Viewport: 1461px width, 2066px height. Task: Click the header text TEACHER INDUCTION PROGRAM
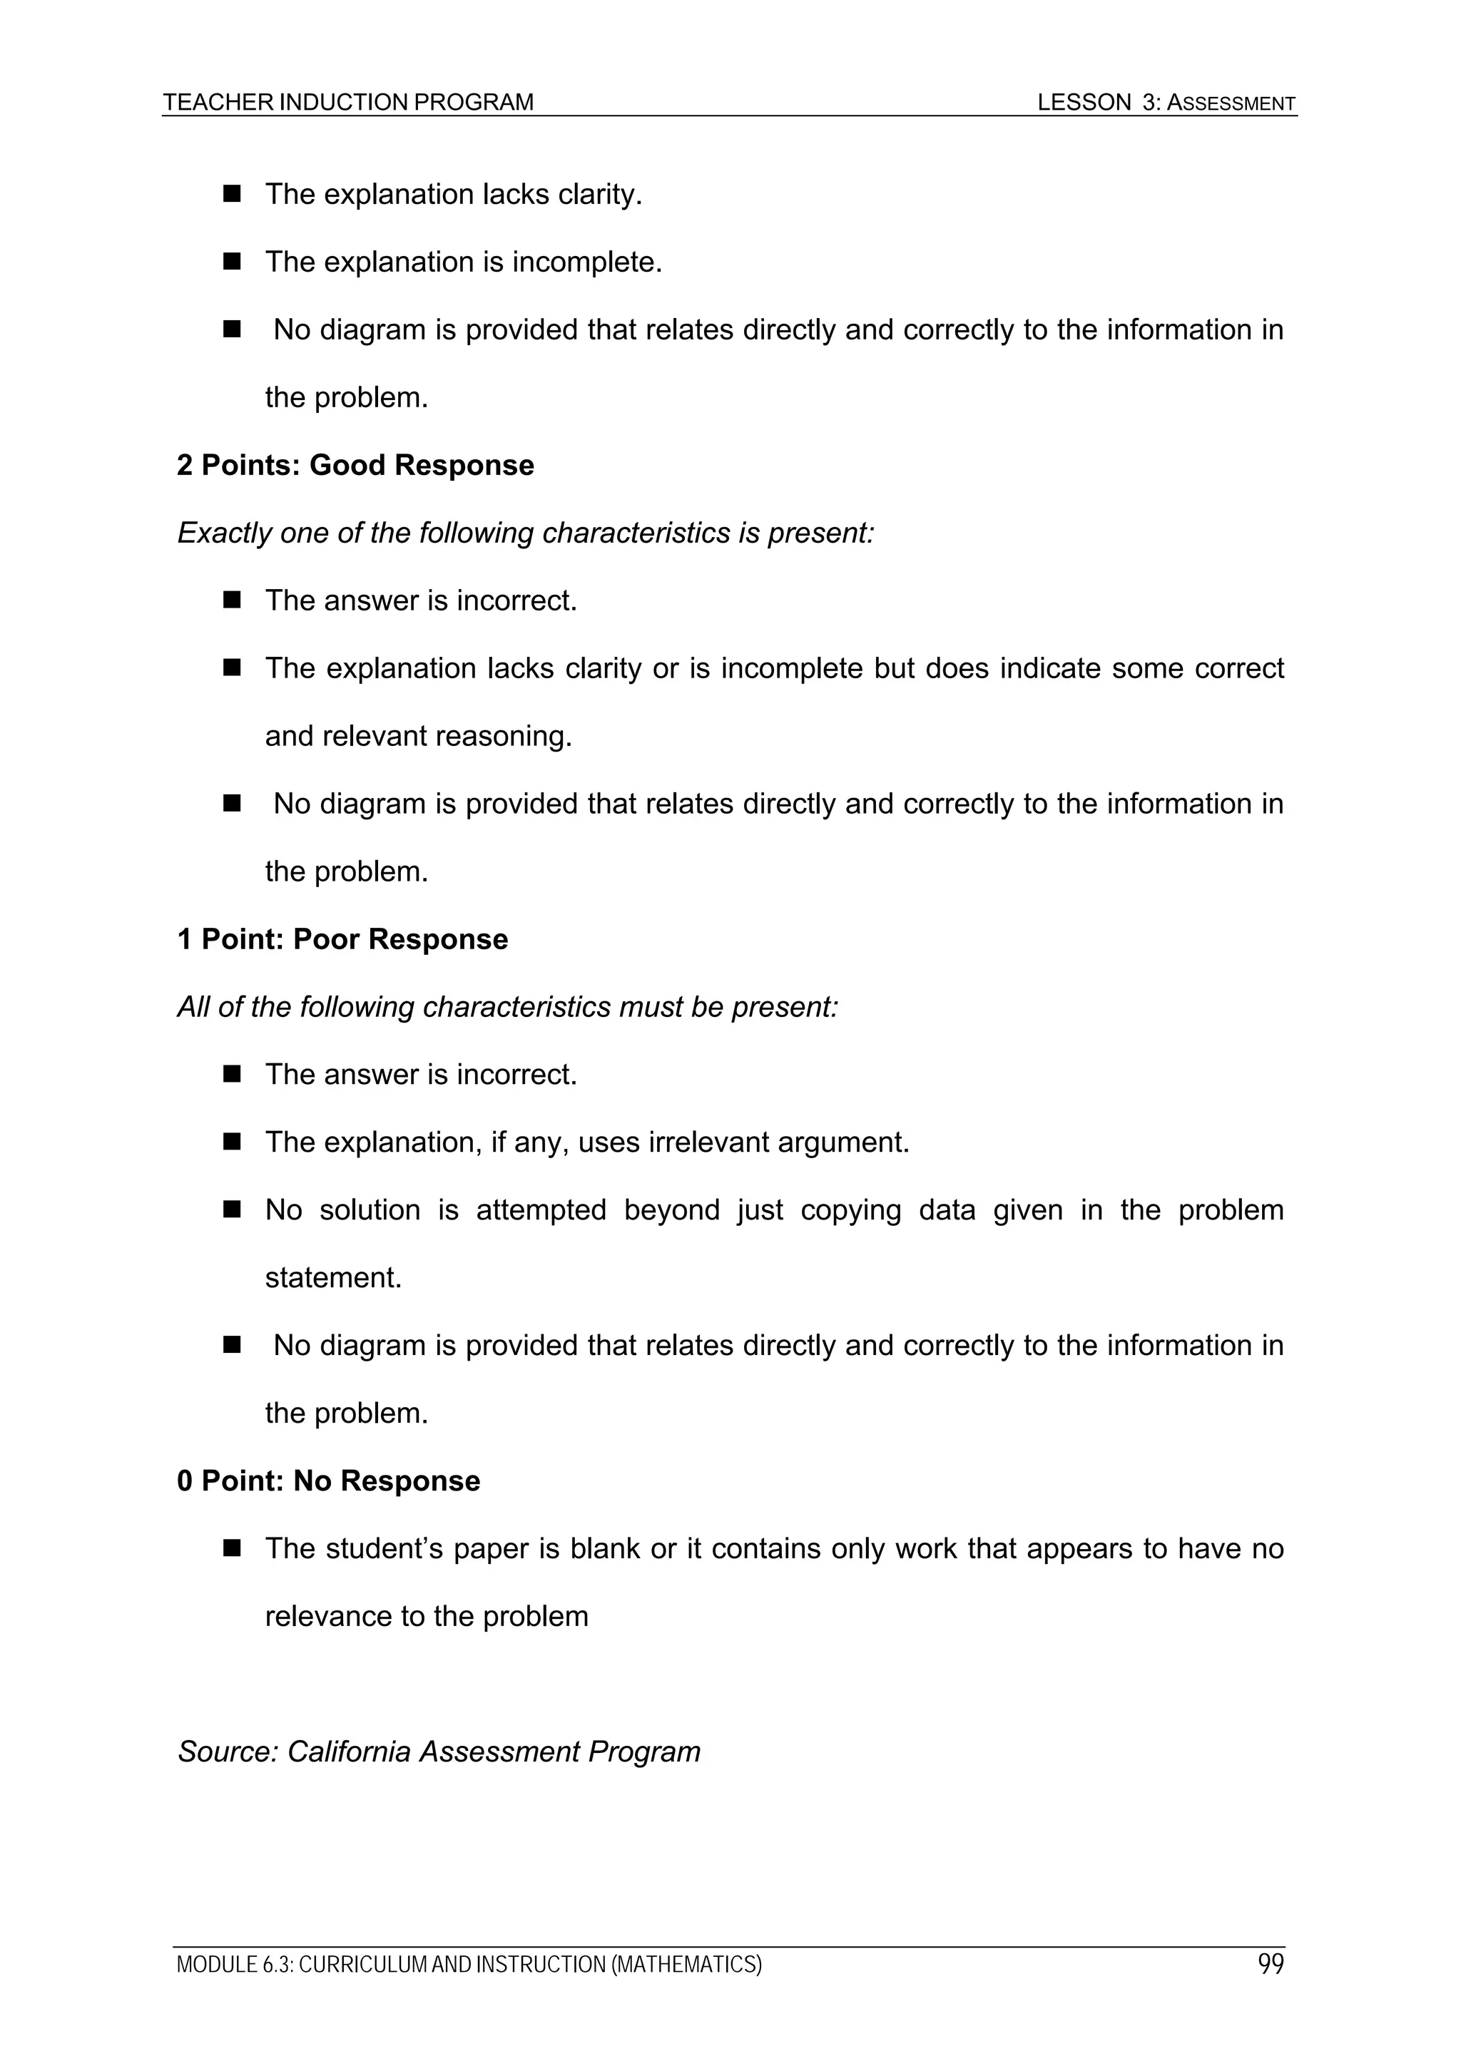348,103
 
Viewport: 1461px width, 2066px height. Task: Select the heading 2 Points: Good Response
355,465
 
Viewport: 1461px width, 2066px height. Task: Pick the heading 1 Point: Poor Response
342,939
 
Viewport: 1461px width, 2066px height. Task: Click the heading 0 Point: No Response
329,1481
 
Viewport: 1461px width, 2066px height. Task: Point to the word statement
333,1278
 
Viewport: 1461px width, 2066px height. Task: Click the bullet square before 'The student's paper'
233,1548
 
